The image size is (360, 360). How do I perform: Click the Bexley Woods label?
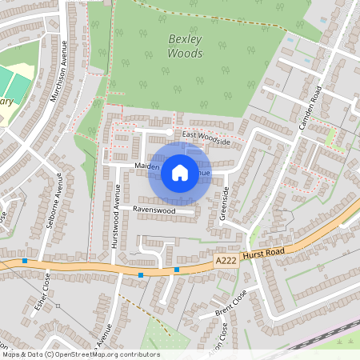[x=185, y=46]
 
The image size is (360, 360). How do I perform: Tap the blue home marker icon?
[x=180, y=172]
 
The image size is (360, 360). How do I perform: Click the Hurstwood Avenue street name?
[x=116, y=216]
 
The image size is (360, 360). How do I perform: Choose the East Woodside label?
[x=206, y=138]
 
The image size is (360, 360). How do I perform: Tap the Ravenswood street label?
[x=154, y=210]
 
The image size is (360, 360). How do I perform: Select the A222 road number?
[x=225, y=260]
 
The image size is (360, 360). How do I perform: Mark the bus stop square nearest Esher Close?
[x=26, y=261]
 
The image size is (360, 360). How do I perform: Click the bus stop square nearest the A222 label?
[x=177, y=270]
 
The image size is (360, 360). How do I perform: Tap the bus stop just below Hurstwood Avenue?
[x=141, y=275]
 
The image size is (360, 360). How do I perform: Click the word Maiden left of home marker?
[x=147, y=166]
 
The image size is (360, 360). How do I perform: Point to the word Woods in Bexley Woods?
[x=185, y=54]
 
